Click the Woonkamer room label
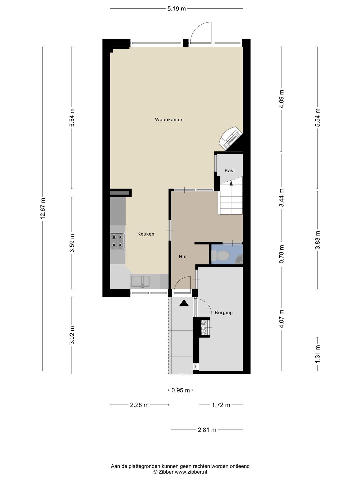tap(169, 120)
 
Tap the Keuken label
tap(146, 234)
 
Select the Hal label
tap(183, 257)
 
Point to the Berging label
tap(224, 313)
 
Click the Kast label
tap(230, 171)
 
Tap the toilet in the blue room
tap(220, 255)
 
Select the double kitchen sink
tap(140, 282)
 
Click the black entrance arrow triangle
tap(184, 303)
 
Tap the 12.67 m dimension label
tap(43, 209)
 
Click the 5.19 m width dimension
tap(177, 9)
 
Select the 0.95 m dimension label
tap(181, 390)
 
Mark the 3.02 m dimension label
tap(72, 335)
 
